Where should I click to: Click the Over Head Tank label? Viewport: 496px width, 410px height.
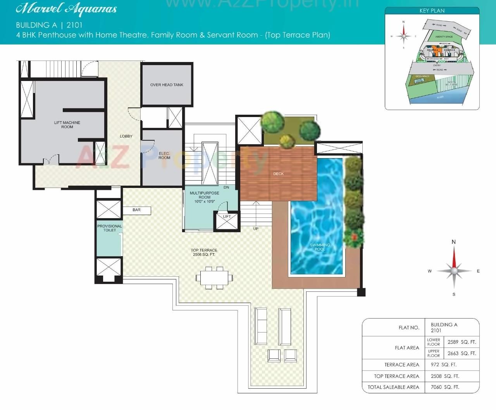pos(167,85)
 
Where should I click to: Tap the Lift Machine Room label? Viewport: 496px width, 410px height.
pos(67,125)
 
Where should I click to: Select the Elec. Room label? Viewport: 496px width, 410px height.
pos(164,156)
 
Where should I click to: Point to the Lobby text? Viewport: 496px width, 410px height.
pos(126,136)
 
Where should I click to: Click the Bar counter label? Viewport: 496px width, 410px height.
pos(136,210)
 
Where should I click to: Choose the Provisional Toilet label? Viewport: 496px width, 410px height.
pos(110,228)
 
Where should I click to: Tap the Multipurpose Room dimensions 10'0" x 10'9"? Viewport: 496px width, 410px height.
pos(205,202)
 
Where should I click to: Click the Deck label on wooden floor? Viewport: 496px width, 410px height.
pos(278,174)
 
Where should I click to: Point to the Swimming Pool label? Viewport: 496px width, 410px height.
pos(320,247)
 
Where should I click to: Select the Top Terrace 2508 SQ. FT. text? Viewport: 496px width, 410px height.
pos(204,253)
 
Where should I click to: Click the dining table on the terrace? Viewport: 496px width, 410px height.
pos(214,278)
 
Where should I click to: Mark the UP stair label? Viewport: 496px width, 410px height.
pos(256,229)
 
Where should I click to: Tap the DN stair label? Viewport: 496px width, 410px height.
pos(226,188)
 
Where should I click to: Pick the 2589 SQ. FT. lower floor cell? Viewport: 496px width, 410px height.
pos(462,342)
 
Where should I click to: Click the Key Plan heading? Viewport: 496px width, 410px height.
pos(432,11)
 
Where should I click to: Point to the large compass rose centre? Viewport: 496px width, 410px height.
pos(454,270)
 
